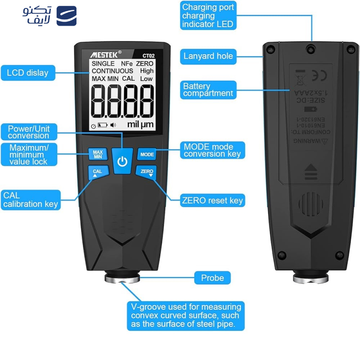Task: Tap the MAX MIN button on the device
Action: pos(98,154)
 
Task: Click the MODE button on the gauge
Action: pos(147,154)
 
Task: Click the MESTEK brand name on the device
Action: pos(105,54)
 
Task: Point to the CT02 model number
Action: pos(148,55)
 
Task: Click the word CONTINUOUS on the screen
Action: pos(112,71)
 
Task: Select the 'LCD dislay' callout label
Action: pos(27,72)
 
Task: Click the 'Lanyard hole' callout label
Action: pos(208,56)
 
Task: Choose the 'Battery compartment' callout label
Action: pos(208,90)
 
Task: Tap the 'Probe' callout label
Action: pos(212,278)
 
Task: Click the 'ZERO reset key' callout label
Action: pos(212,200)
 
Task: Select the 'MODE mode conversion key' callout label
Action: pos(212,150)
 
